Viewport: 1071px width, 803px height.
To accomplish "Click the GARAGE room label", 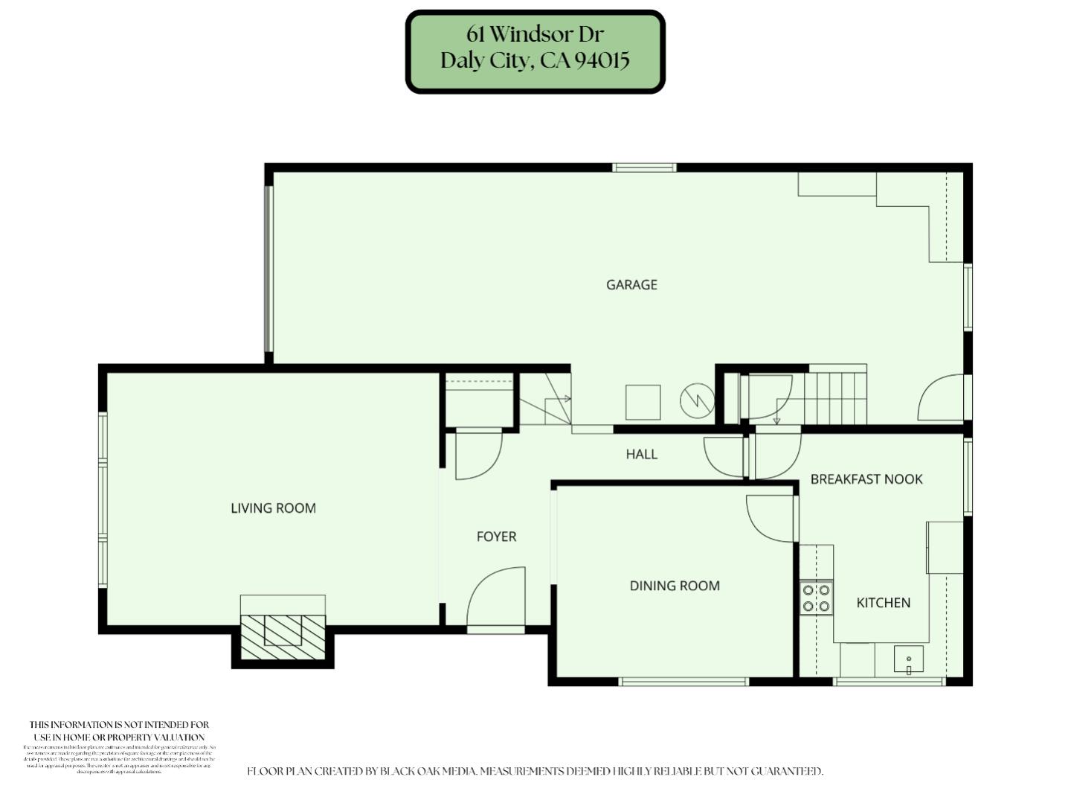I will point(631,284).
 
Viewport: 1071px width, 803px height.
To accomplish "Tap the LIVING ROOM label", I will point(273,508).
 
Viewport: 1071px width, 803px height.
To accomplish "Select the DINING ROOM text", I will point(675,586).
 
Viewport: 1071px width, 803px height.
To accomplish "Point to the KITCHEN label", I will point(883,603).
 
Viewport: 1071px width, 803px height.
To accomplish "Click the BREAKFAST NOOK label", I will point(866,479).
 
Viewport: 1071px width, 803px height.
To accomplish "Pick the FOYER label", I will point(496,537).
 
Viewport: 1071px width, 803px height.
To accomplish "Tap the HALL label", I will point(641,454).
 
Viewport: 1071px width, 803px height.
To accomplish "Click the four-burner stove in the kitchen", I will point(816,598).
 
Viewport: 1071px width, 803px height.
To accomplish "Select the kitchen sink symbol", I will point(908,659).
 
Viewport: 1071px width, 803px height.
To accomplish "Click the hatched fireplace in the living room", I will point(283,636).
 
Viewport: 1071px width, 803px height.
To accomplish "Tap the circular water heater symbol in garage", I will point(697,401).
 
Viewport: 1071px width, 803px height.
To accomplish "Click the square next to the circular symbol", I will point(643,403).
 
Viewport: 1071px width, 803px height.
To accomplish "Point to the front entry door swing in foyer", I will point(497,599).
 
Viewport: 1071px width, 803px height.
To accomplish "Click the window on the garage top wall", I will point(644,167).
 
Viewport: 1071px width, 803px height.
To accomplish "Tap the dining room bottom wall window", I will point(684,682).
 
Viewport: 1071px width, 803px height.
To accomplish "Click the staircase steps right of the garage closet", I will point(837,397).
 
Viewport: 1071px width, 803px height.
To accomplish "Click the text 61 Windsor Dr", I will point(535,34).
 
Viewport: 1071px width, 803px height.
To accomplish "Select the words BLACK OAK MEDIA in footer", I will point(428,771).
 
